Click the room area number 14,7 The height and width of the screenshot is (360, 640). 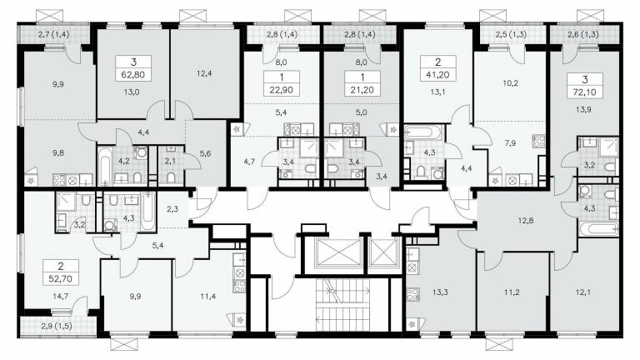pyautogui.click(x=60, y=297)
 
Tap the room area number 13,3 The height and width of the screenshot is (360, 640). pyautogui.click(x=440, y=292)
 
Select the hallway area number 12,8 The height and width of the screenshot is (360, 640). pyautogui.click(x=526, y=221)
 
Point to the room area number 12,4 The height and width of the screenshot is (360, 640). pyautogui.click(x=203, y=74)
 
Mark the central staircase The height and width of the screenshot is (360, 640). pyautogui.click(x=342, y=305)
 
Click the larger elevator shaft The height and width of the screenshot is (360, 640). pyautogui.click(x=333, y=253)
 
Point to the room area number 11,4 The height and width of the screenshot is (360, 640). pyautogui.click(x=208, y=297)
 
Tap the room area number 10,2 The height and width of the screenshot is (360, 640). pyautogui.click(x=511, y=83)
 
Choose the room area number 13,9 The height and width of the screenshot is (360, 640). pyautogui.click(x=584, y=109)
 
